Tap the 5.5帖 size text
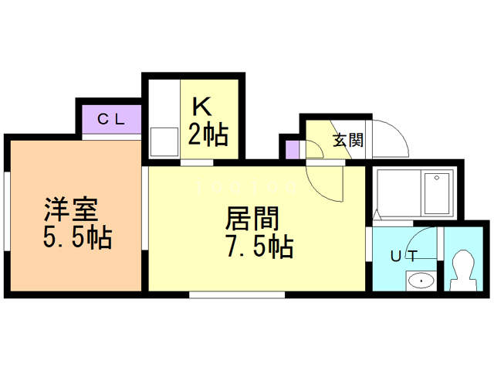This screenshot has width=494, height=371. tap(76, 237)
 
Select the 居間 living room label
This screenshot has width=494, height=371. tap(251, 219)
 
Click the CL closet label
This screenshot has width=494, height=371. tap(112, 119)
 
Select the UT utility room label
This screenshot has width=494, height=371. tap(404, 256)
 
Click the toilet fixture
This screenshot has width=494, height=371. tap(464, 270)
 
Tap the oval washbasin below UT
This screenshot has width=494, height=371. tap(421, 280)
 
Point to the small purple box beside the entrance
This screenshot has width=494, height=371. tap(292, 148)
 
